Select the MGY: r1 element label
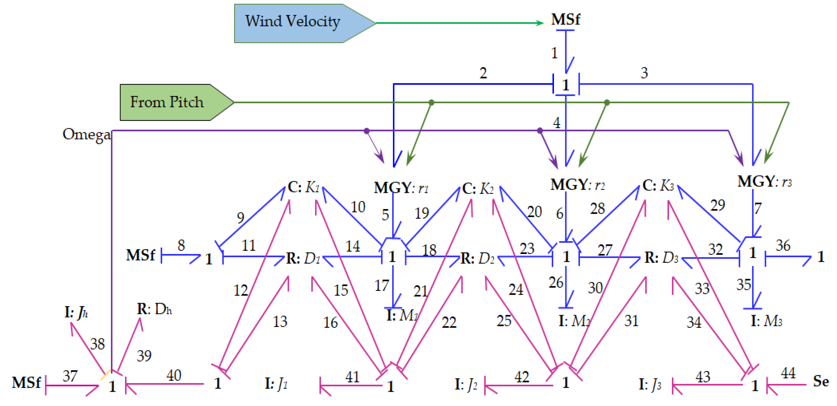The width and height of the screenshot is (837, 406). coord(401,188)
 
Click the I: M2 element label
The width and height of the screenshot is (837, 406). coord(574,321)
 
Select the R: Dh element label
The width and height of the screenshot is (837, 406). coord(154,309)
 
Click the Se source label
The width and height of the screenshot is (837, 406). coord(821,381)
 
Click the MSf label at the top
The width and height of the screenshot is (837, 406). coord(565,19)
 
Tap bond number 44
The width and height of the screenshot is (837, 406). coord(788,373)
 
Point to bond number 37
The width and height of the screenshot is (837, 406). coord(70,376)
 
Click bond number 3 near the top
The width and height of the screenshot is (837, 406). coord(644,73)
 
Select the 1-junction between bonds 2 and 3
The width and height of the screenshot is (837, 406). coord(566,85)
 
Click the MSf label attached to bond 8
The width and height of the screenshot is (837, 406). coord(140,255)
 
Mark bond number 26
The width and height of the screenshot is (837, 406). coord(556,282)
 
